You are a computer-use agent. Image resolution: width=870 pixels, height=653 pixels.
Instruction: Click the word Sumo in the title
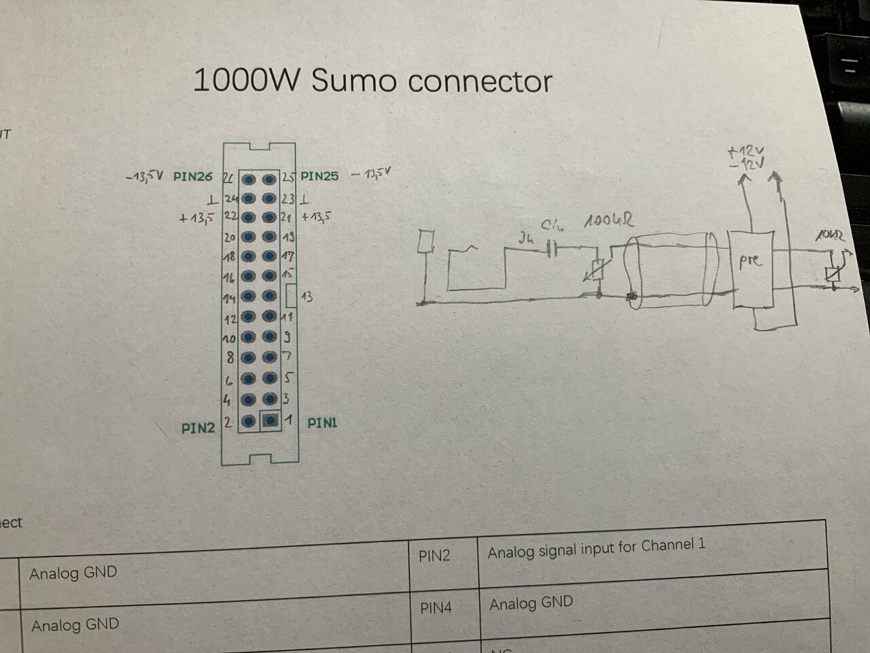(353, 81)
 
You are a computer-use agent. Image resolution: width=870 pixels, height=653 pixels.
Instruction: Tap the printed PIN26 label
(193, 177)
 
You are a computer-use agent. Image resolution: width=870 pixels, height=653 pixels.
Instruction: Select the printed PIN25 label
(319, 175)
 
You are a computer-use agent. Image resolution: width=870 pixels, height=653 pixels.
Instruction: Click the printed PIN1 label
(322, 423)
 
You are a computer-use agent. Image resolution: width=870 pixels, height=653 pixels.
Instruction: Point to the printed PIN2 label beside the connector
(198, 428)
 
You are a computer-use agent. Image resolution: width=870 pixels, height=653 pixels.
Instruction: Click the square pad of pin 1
(270, 421)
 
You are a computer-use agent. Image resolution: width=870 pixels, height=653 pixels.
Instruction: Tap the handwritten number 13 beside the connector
(307, 297)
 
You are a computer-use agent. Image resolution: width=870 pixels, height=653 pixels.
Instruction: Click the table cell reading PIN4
(435, 607)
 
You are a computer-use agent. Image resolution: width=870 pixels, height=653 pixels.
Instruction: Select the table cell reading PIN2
(434, 556)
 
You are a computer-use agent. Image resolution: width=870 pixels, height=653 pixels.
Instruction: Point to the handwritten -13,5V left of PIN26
(145, 177)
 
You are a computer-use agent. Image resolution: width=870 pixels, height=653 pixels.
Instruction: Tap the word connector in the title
(480, 82)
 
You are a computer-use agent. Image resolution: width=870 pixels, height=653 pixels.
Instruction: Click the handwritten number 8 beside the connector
(231, 356)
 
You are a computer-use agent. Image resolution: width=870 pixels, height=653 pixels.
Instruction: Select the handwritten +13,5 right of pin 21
(316, 217)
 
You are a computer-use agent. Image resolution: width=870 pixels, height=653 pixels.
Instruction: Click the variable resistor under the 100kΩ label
(597, 271)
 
